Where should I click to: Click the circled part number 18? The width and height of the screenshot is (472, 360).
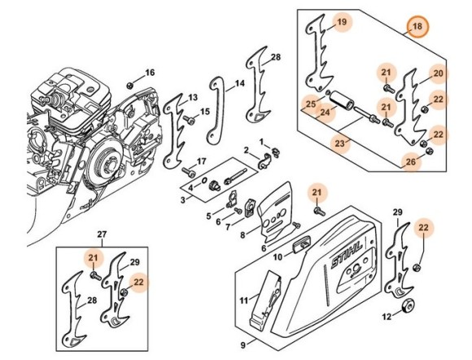(x=417, y=27)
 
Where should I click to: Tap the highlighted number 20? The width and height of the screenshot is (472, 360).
(x=437, y=74)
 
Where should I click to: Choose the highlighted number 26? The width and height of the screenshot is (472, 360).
(x=411, y=162)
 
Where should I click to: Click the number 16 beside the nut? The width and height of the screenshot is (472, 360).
(x=149, y=72)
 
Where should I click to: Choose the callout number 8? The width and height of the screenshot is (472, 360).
(x=243, y=235)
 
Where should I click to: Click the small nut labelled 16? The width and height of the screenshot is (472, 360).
(x=130, y=85)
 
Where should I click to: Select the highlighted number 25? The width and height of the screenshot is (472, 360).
(x=309, y=103)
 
